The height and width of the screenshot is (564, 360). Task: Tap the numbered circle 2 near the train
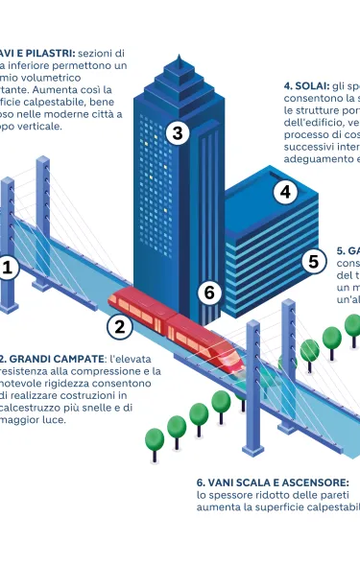click(x=119, y=326)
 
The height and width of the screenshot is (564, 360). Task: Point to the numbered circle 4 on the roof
click(x=284, y=192)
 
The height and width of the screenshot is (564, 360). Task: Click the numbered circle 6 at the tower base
click(x=210, y=292)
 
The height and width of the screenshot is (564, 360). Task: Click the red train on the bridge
click(x=173, y=325)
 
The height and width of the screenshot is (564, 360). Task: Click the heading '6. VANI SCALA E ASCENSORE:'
click(x=273, y=482)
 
